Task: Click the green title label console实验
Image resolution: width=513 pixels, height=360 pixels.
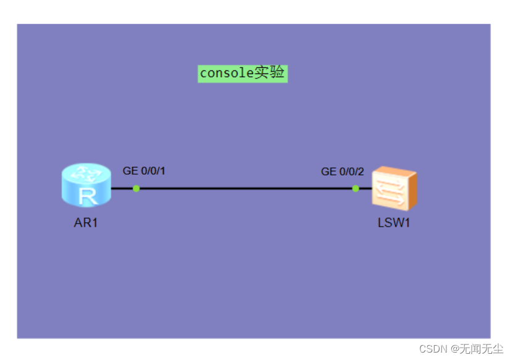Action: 243,73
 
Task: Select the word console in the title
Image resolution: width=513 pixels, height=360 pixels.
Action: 227,73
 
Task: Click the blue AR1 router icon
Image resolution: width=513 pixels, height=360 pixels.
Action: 86,185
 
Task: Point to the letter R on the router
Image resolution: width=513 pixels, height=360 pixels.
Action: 87,196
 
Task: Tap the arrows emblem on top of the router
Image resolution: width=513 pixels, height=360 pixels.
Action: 86,175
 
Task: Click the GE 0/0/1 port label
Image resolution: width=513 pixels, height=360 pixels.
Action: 144,171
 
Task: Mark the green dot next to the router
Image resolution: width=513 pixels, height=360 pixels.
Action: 136,188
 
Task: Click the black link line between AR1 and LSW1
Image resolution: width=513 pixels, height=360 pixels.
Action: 247,188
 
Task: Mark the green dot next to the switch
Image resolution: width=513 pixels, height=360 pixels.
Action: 356,188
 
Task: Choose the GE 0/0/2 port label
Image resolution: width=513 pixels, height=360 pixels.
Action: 343,172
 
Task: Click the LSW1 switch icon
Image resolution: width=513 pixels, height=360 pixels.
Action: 394,187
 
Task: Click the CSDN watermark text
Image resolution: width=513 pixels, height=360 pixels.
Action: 433,349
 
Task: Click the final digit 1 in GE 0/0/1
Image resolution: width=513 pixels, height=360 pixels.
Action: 162,171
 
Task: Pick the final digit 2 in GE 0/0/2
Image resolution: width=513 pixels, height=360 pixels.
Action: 361,172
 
